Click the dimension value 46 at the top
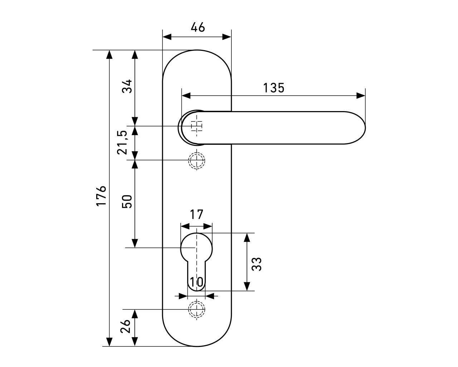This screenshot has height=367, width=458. (x=198, y=27)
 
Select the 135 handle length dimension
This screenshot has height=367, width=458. (x=274, y=88)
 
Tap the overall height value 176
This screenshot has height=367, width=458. (x=101, y=196)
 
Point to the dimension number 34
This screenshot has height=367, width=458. (x=127, y=86)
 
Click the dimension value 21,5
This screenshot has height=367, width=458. (x=122, y=142)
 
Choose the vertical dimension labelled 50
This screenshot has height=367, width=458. (x=127, y=202)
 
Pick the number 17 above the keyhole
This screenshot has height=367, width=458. (x=196, y=215)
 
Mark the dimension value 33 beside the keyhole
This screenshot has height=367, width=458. (x=257, y=264)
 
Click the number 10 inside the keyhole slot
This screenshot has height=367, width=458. (x=196, y=283)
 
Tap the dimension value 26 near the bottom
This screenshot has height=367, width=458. (x=125, y=327)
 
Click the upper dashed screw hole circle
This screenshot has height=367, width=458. (x=196, y=160)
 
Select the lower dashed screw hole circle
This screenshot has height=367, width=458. (x=196, y=309)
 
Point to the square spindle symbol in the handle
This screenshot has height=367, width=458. (x=196, y=126)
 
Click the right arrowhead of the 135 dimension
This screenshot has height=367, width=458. (x=361, y=96)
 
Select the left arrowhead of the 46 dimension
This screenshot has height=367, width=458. (x=167, y=37)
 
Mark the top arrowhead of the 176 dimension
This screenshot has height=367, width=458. (x=110, y=54)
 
